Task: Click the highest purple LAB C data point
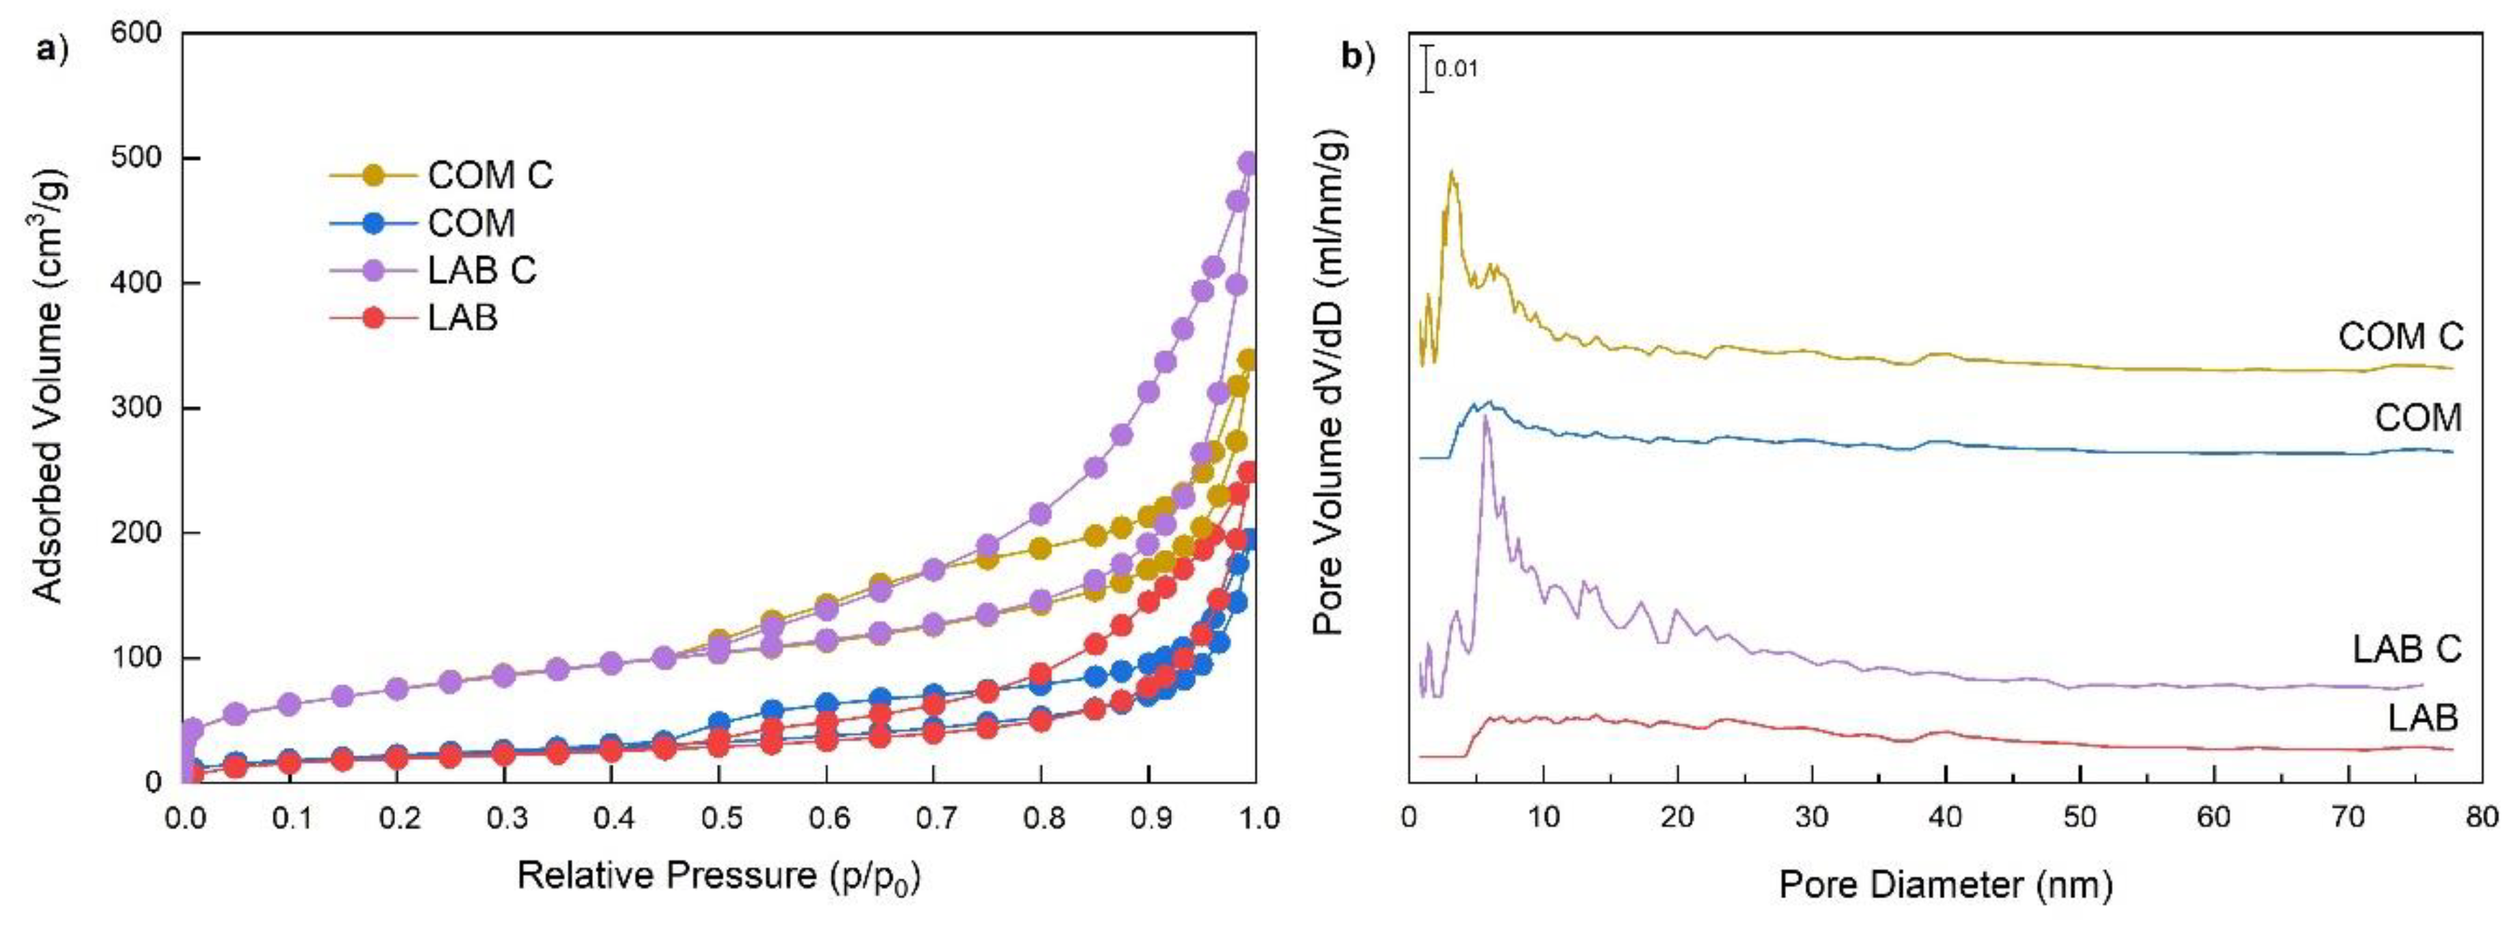pyautogui.click(x=1247, y=162)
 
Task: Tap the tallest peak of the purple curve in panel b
pyautogui.click(x=1485, y=418)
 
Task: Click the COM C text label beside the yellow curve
pyautogui.click(x=2400, y=338)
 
